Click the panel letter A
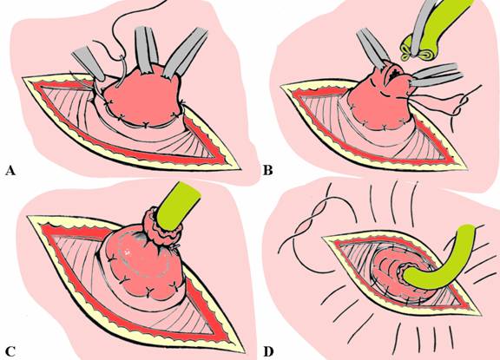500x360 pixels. [x=10, y=171]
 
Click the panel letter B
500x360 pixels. [x=268, y=171]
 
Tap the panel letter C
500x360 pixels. [x=10, y=351]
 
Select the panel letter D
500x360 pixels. [x=268, y=351]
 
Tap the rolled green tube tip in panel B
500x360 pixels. [x=410, y=53]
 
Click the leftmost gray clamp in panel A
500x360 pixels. [x=88, y=63]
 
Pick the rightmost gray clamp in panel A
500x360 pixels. [x=185, y=53]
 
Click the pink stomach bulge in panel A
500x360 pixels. [x=143, y=99]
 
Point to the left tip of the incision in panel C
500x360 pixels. [x=28, y=217]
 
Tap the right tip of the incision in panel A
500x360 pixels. [x=240, y=169]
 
